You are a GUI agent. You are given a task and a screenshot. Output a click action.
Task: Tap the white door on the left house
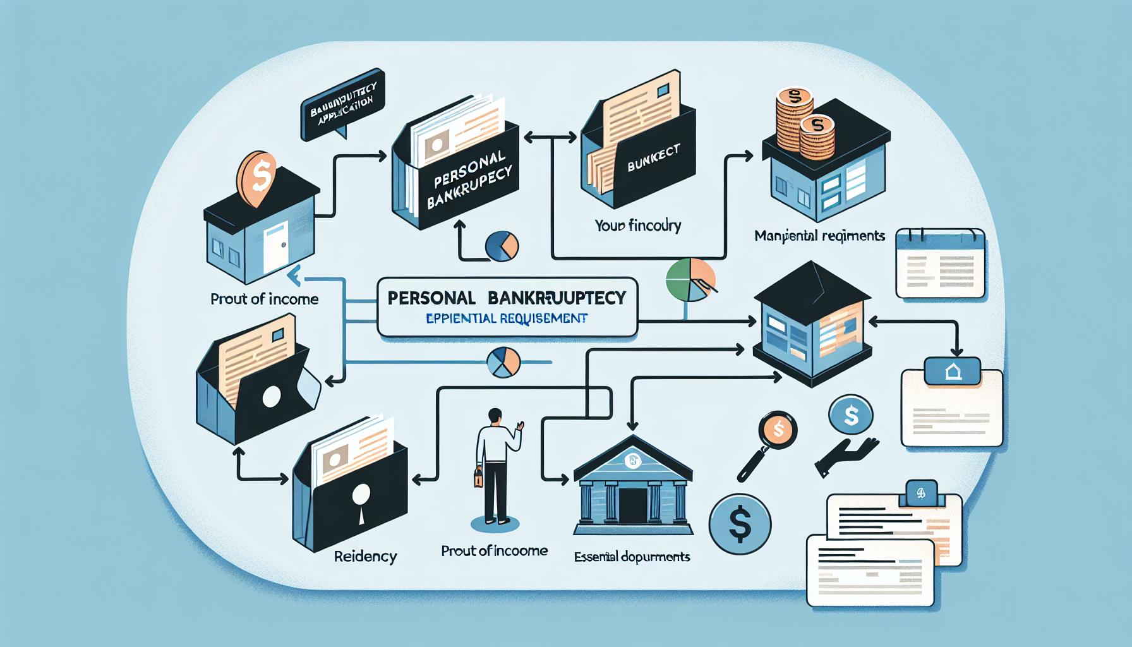[x=275, y=247]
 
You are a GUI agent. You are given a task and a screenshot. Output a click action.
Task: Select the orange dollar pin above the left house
[x=256, y=177]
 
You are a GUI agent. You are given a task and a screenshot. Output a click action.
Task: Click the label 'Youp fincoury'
[x=638, y=226]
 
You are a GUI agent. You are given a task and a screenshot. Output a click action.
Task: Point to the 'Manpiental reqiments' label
[x=819, y=236]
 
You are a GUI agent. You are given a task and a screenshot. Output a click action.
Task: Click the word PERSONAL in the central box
[x=431, y=298]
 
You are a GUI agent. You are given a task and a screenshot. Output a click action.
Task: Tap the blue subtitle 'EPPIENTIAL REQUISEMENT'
[x=507, y=318]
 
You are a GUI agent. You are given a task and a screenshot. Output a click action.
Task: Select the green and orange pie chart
[x=690, y=279]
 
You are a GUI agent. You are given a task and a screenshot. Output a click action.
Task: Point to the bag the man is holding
[x=478, y=477]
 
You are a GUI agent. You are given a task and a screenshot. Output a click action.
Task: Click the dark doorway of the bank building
[x=632, y=505]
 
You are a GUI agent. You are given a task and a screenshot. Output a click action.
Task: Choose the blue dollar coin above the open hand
[x=851, y=415]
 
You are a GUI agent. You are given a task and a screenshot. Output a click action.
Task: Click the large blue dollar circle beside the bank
[x=740, y=524]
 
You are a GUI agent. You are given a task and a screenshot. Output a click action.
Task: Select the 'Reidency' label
[x=365, y=557]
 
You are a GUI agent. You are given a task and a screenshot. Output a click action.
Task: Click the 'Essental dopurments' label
[x=632, y=557]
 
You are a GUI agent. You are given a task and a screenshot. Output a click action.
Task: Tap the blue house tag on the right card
[x=953, y=371]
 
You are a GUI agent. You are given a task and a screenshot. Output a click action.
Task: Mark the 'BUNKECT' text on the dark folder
[x=653, y=158]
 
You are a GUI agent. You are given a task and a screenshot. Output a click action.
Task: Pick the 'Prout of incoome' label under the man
[x=494, y=551]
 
